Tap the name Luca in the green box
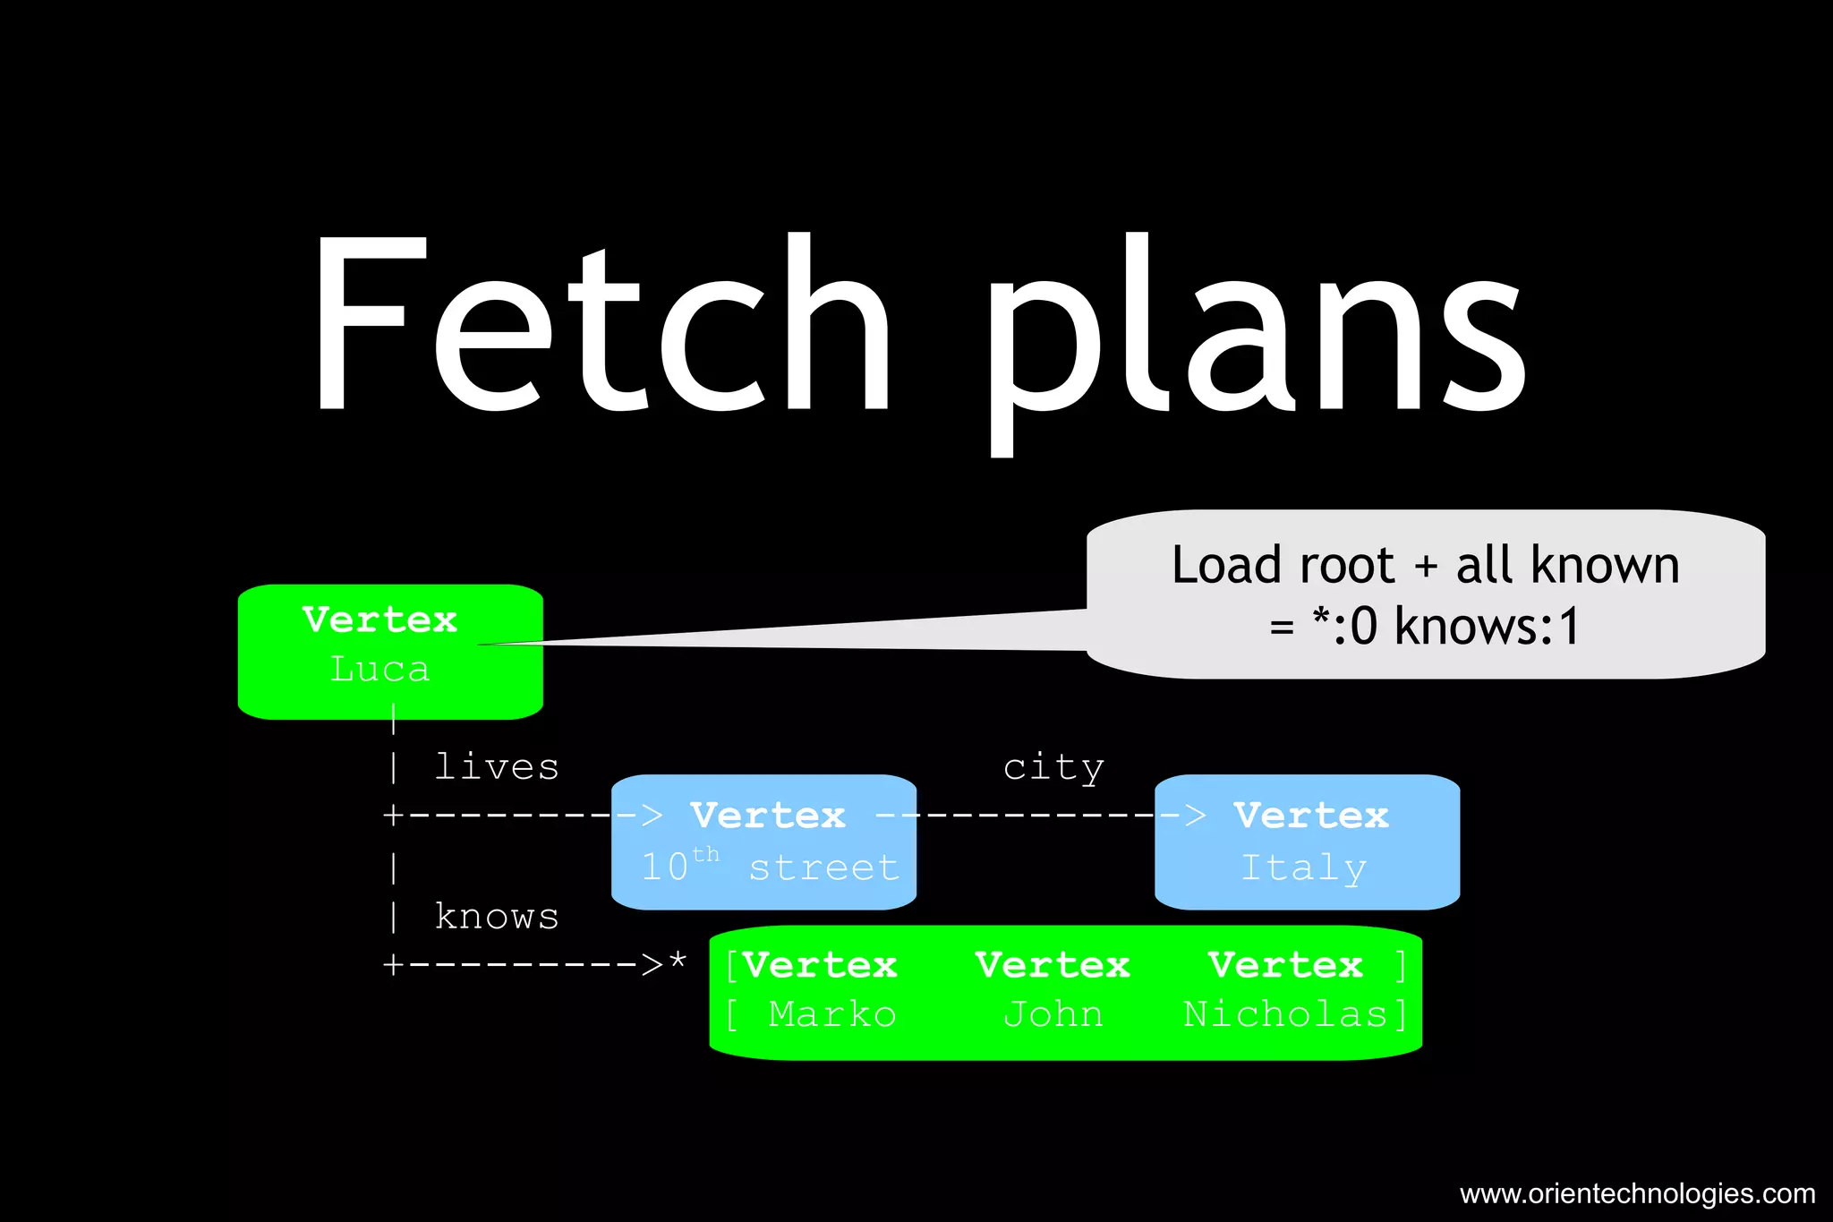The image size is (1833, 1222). click(379, 670)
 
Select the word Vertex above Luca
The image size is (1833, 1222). click(379, 620)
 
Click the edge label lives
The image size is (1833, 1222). click(497, 767)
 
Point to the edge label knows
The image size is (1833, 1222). click(497, 917)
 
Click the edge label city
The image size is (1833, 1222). click(1053, 768)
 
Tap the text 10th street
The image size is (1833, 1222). click(770, 867)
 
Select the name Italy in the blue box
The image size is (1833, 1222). click(1304, 867)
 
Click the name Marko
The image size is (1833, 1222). click(831, 1014)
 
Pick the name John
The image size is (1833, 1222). click(1053, 1014)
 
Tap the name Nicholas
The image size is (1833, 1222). click(1285, 1014)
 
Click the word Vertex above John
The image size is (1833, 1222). click(1053, 965)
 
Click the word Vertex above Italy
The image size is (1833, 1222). click(1311, 816)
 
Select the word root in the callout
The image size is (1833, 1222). click(1346, 565)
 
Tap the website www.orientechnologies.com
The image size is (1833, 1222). click(1637, 1193)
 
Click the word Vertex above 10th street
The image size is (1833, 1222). click(768, 816)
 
